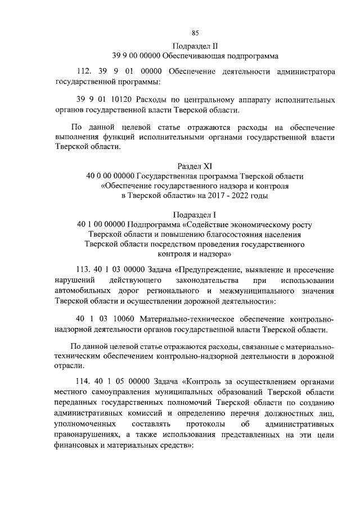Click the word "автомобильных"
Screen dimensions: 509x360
coord(80,291)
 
